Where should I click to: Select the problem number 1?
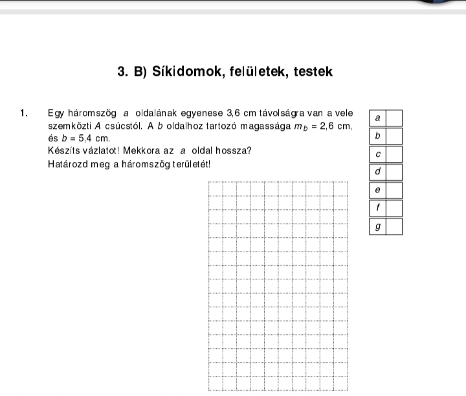click(x=23, y=113)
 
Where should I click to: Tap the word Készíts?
click(x=62, y=151)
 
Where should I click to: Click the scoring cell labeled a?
click(x=378, y=118)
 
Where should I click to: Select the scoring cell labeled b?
click(x=378, y=136)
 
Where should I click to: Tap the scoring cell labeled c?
click(x=378, y=154)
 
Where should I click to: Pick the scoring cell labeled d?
click(x=378, y=172)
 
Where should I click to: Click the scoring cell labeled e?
click(x=378, y=191)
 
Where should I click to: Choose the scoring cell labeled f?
click(x=378, y=209)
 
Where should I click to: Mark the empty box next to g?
click(x=394, y=227)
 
